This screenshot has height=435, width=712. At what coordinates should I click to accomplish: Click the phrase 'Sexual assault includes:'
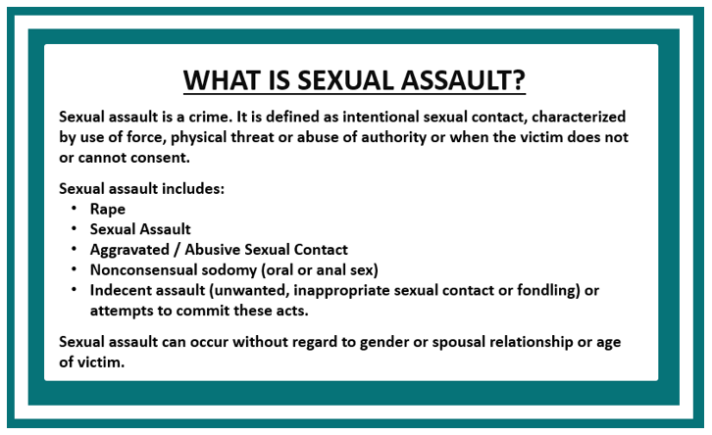pyautogui.click(x=142, y=188)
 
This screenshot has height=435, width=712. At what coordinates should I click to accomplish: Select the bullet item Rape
pyautogui.click(x=107, y=209)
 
